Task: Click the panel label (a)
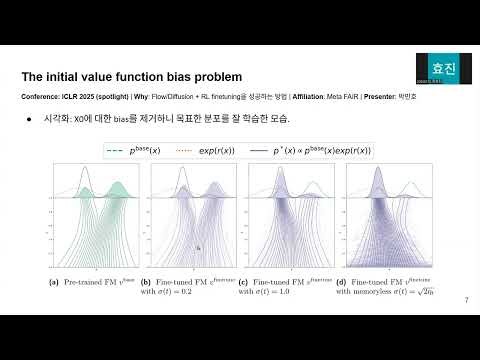pos(54,282)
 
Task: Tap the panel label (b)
pos(146,282)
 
